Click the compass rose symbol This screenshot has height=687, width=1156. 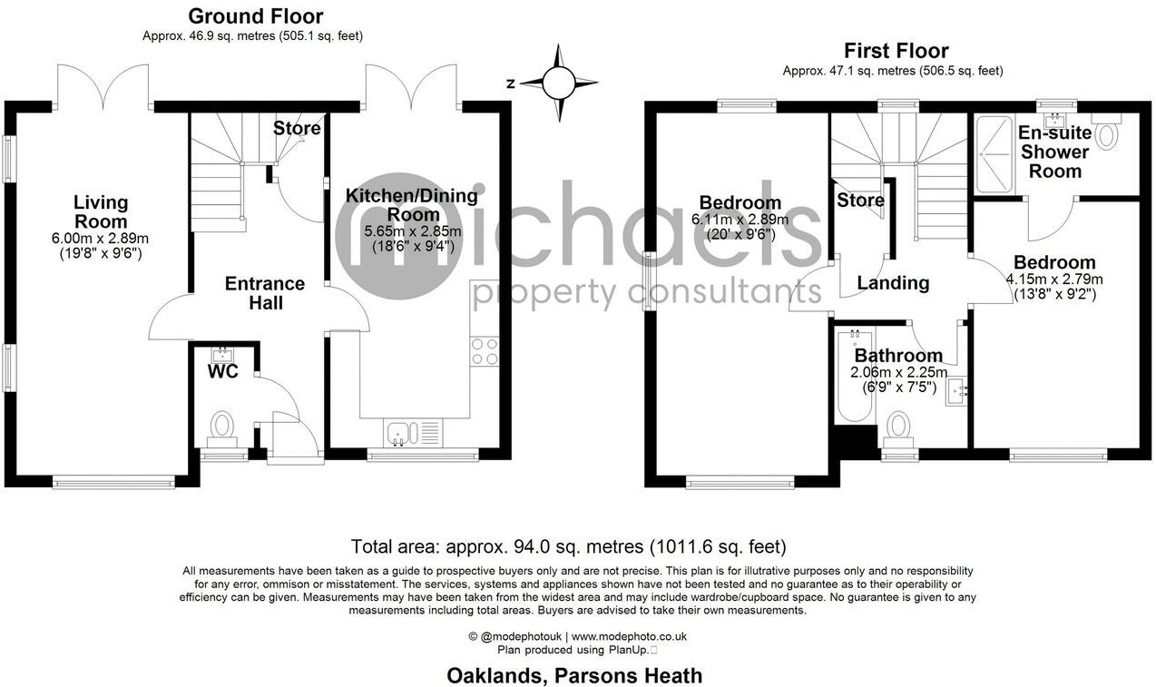click(x=559, y=83)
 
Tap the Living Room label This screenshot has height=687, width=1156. click(x=101, y=212)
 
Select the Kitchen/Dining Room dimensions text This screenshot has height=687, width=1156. click(x=400, y=240)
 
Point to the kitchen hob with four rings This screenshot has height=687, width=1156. click(x=485, y=351)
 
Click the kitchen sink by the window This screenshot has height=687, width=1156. click(x=397, y=434)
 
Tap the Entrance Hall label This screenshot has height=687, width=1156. click(x=265, y=292)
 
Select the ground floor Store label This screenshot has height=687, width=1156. click(x=297, y=129)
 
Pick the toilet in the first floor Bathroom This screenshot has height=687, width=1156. click(x=897, y=427)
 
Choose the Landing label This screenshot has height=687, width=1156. click(x=894, y=283)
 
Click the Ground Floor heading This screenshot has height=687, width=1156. click(x=255, y=16)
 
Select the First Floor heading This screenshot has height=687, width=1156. click(x=896, y=51)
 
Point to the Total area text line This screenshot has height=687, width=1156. click(x=568, y=546)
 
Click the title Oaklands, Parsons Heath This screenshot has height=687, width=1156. click(x=573, y=675)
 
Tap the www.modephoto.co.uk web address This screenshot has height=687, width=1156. click(x=628, y=637)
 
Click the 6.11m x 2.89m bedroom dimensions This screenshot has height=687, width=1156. click(x=740, y=220)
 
